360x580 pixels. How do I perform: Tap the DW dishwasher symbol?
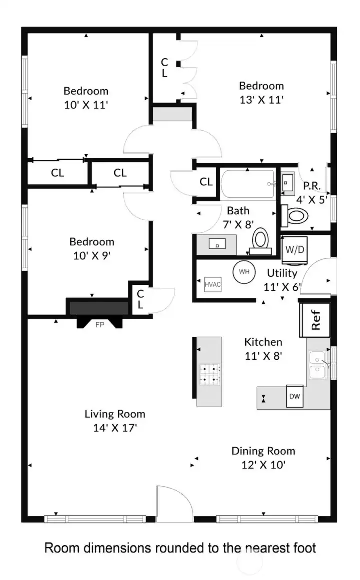(x=294, y=397)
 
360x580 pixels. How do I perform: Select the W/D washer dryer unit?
(x=291, y=248)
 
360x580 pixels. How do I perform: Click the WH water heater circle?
(x=244, y=272)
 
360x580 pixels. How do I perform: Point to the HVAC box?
(x=212, y=284)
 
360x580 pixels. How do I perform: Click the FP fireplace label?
(x=99, y=324)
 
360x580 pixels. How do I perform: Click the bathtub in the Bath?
(x=248, y=184)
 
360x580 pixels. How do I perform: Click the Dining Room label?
(x=263, y=451)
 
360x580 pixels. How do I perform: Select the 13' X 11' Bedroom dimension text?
(x=261, y=99)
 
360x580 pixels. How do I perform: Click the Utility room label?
(x=282, y=273)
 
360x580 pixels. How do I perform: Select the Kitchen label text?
(x=263, y=342)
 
